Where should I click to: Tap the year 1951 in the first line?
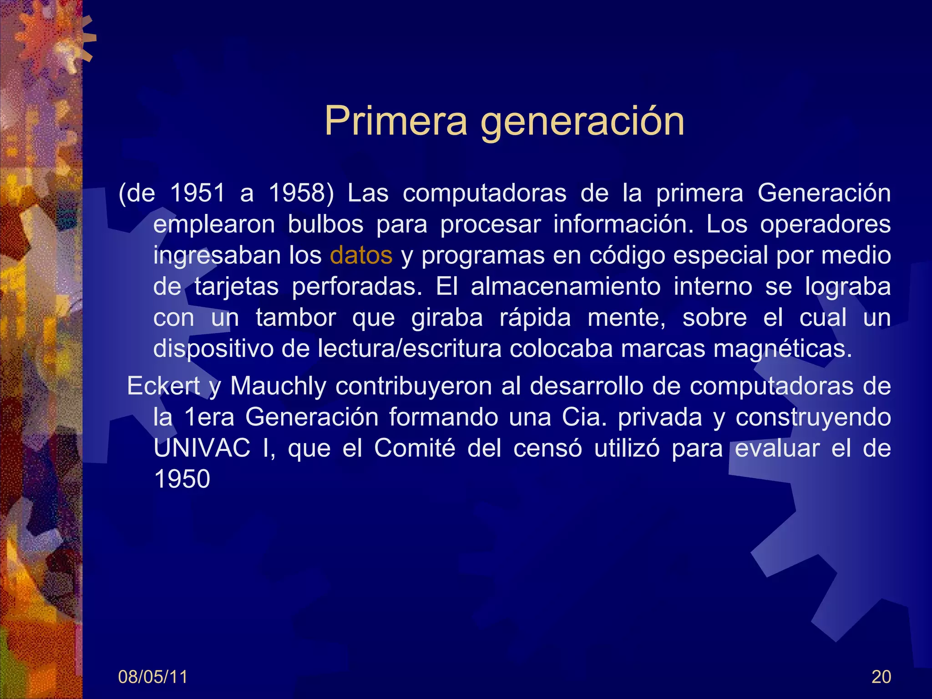click(198, 193)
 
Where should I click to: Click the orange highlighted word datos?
click(361, 255)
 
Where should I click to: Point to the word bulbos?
click(325, 224)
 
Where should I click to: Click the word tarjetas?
click(237, 287)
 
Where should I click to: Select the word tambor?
click(296, 318)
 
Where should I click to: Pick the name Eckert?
click(163, 386)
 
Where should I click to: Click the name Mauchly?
click(278, 386)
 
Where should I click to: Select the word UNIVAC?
click(202, 448)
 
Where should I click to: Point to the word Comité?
click(415, 448)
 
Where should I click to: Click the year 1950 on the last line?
click(182, 479)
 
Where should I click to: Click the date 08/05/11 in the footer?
click(153, 677)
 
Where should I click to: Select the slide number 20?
click(881, 677)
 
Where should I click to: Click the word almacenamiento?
click(566, 287)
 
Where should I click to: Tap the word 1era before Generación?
click(209, 417)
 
